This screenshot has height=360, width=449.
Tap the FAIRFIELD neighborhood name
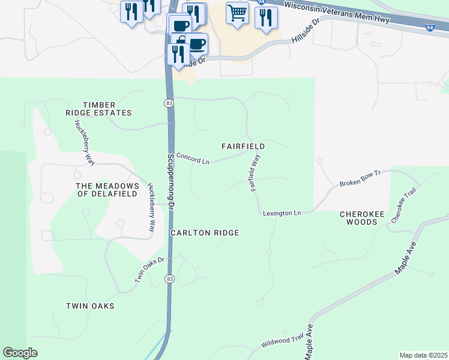pyautogui.click(x=243, y=146)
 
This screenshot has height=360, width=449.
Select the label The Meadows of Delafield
pyautogui.click(x=107, y=190)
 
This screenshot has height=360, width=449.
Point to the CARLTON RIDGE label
pyautogui.click(x=205, y=233)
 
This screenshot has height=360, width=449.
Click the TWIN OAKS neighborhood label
pyautogui.click(x=90, y=306)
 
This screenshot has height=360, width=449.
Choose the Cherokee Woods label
pyautogui.click(x=358, y=218)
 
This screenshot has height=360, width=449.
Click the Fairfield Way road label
pyautogui.click(x=255, y=173)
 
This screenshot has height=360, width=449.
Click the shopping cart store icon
pyautogui.click(x=238, y=12)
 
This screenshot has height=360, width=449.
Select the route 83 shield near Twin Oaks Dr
pyautogui.click(x=170, y=279)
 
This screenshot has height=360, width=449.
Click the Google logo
pyautogui.click(x=20, y=353)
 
